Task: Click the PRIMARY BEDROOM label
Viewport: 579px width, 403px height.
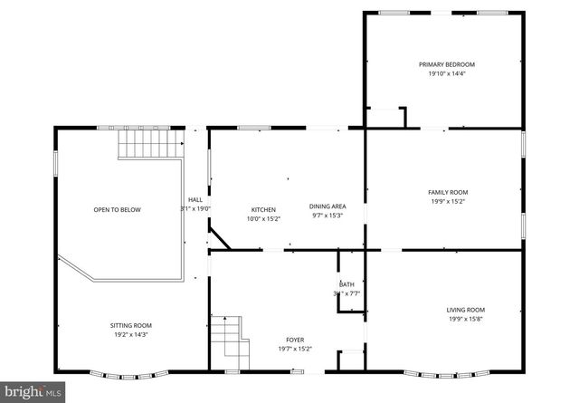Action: (446, 64)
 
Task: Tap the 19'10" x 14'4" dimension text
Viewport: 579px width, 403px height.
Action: (446, 73)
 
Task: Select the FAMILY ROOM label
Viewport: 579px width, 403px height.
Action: (448, 192)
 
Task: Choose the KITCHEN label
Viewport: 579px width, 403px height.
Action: (263, 209)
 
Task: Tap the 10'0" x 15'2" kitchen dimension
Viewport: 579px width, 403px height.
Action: (263, 218)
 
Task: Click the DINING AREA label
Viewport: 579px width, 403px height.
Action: (327, 206)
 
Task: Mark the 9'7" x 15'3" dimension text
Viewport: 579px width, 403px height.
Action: (327, 216)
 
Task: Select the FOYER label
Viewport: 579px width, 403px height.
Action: (294, 340)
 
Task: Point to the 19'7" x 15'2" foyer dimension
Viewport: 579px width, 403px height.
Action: (294, 349)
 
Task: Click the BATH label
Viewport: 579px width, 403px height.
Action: (346, 284)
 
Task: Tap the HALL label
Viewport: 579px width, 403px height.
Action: (195, 200)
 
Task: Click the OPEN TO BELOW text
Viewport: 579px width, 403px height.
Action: (118, 209)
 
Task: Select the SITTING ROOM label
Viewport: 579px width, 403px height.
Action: (131, 325)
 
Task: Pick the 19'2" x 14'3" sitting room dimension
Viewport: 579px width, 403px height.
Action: (131, 334)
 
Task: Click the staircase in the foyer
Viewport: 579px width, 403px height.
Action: (230, 340)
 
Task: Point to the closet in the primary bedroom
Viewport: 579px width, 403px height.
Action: (386, 118)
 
